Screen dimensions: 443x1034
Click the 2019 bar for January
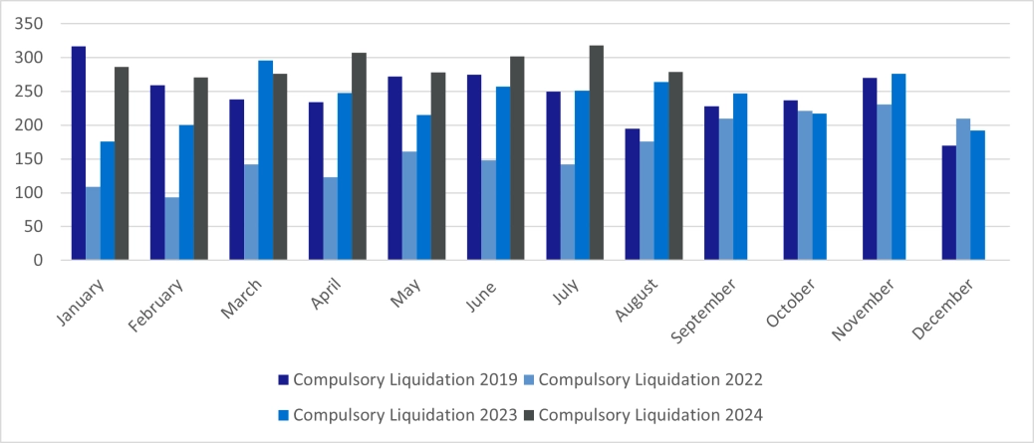coord(79,153)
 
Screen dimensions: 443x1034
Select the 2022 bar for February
coord(172,228)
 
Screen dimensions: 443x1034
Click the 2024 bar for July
coord(597,152)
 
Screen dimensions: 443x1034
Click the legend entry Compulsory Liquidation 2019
coord(397,379)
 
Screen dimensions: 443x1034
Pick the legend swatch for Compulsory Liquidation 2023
coord(283,414)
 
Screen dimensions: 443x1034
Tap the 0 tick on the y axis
coord(37,261)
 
